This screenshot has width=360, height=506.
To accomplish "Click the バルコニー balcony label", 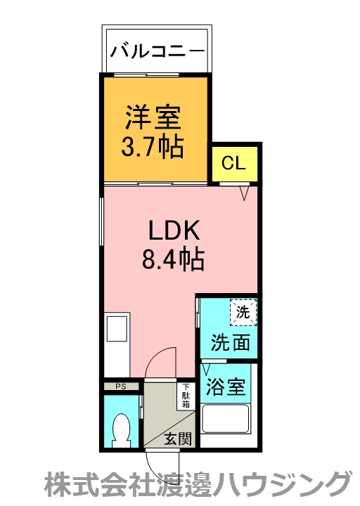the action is coord(157,51).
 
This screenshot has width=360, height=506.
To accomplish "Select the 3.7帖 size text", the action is coord(153,147).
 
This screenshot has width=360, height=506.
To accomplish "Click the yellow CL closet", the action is coord(234,164).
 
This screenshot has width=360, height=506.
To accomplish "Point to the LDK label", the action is coord(174,230).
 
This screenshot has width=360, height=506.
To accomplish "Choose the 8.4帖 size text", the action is coord(174,259).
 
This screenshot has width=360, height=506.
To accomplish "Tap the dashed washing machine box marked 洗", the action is coord(243,312).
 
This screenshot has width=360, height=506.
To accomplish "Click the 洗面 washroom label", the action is coord(231,342).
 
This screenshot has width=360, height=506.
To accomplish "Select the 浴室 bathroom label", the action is coord(226,387).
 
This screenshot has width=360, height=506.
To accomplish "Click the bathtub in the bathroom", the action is coord(226,419).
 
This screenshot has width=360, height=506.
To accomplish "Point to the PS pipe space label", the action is coord(121,387).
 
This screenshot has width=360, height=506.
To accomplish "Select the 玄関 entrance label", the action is coord(178,439).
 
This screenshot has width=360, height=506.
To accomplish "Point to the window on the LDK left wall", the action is coord(101,222).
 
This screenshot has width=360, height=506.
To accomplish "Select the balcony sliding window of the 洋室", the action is coord(146,75).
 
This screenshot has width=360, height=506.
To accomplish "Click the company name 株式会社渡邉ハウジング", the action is coord(198,485).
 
